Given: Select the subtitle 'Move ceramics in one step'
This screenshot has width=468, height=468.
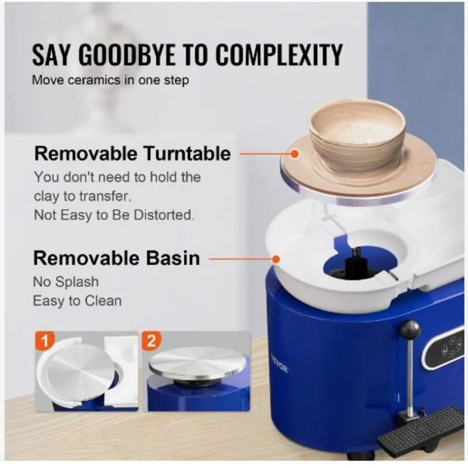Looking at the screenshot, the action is pos(110,80).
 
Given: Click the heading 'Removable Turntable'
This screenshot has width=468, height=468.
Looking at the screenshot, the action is pos(132,154).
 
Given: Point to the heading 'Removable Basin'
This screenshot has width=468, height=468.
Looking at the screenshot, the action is pos(117,259).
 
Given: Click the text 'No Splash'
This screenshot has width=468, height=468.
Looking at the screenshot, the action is pos(66,282).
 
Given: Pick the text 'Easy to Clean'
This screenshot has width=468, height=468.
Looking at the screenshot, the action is pos(77,301).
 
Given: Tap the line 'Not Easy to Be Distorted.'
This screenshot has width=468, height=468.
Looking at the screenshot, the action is pos(114,214).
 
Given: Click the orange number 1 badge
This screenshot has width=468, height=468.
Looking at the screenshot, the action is pos(45,340).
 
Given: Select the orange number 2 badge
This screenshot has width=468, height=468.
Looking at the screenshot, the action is pos(151,340).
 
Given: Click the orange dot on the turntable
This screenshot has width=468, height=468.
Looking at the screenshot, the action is pos(294,154).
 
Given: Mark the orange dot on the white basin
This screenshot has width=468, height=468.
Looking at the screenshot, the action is pos(276,259).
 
